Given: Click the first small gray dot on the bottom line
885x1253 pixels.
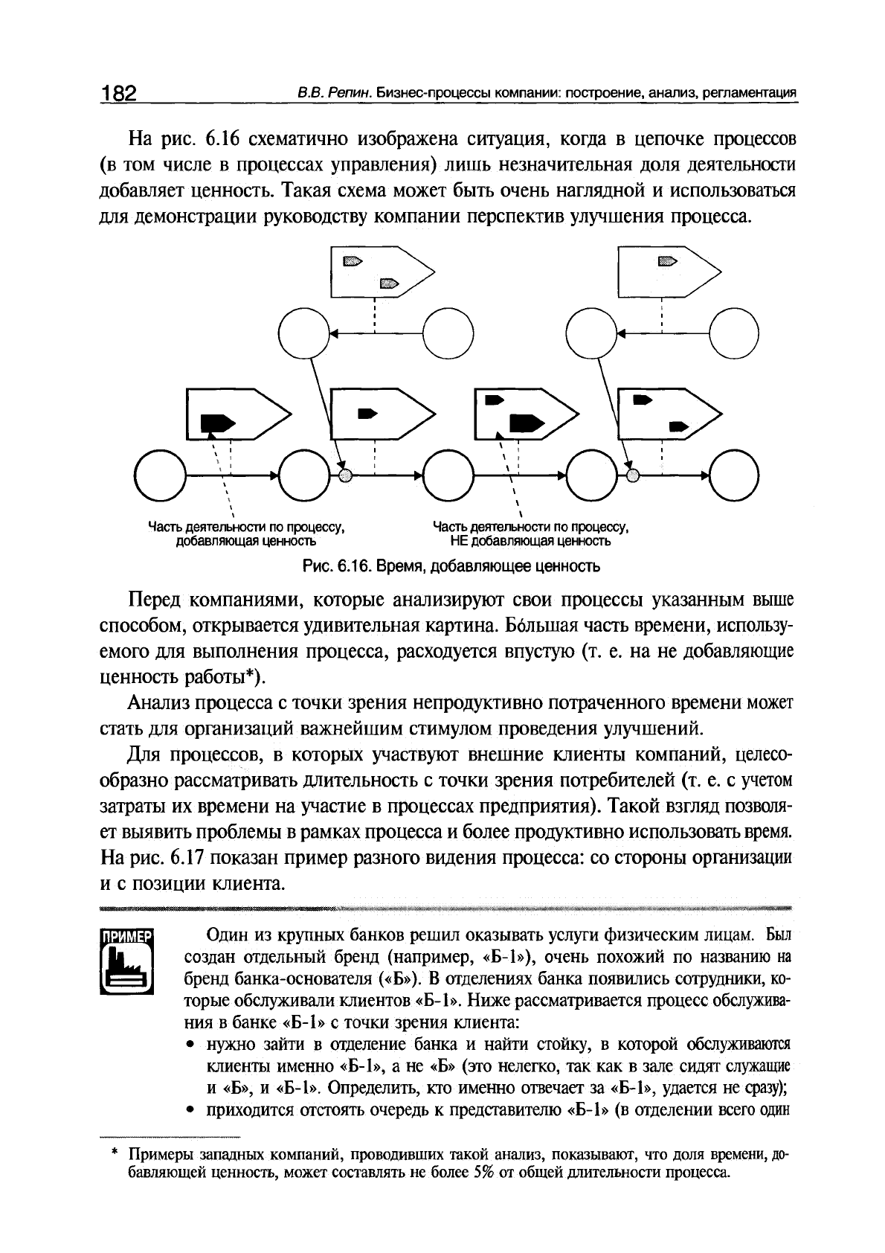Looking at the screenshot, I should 344,475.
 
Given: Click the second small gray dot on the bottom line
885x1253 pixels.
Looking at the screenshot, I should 631,475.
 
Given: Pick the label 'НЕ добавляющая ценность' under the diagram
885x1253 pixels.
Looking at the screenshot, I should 530,541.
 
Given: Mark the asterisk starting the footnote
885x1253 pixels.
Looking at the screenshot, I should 115,1156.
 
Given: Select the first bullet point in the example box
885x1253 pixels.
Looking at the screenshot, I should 192,1044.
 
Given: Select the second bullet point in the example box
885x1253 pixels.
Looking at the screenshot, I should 192,1112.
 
